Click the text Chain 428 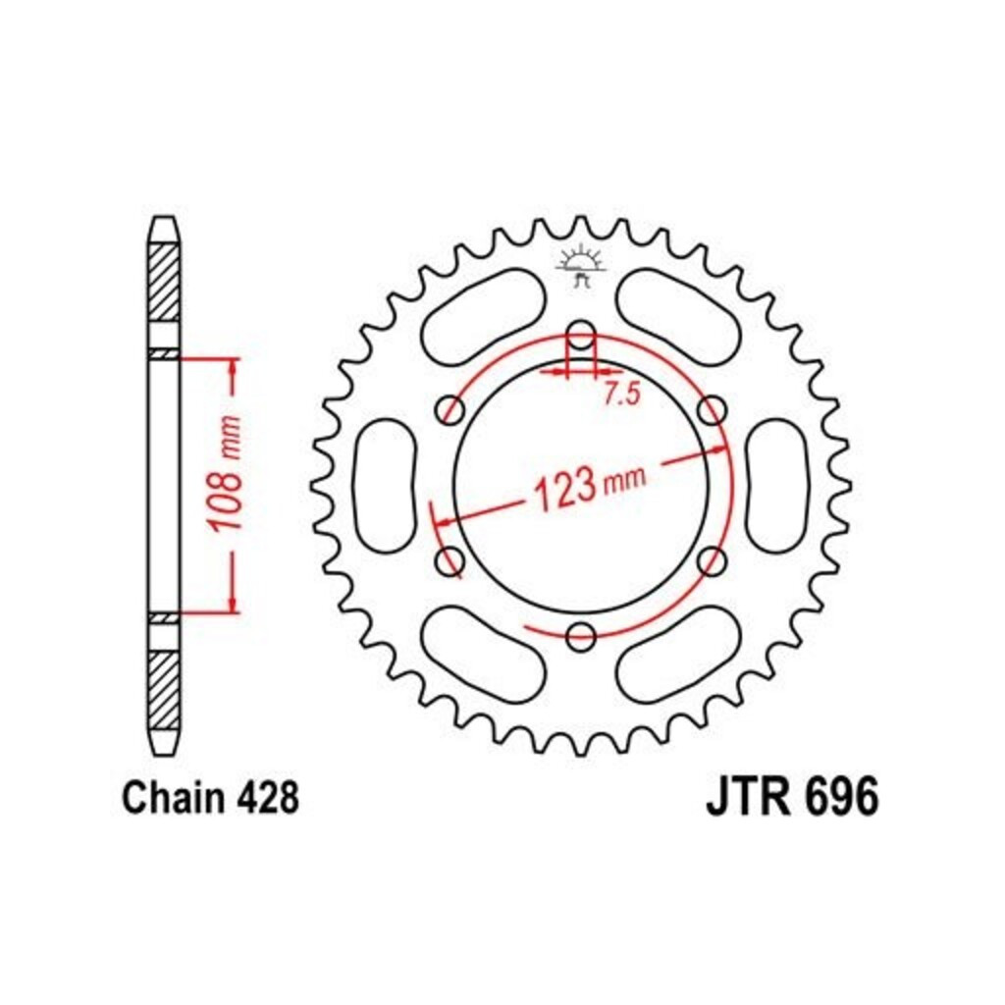pyautogui.click(x=210, y=799)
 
